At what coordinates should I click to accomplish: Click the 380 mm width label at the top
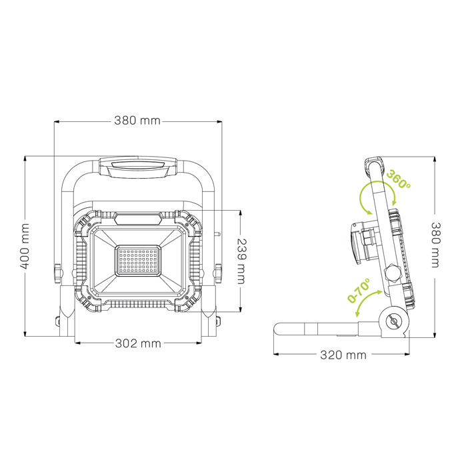click(137, 121)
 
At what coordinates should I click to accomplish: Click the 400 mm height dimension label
click(25, 245)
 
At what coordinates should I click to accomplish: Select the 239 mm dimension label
click(241, 261)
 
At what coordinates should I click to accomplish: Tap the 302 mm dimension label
click(139, 343)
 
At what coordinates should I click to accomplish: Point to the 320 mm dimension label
click(343, 355)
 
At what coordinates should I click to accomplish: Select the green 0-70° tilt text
click(359, 292)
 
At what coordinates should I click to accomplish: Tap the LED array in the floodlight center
click(139, 261)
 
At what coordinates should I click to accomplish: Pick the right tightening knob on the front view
click(219, 273)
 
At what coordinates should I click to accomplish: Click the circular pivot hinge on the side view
click(393, 321)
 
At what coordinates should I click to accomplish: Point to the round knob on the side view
click(393, 273)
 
